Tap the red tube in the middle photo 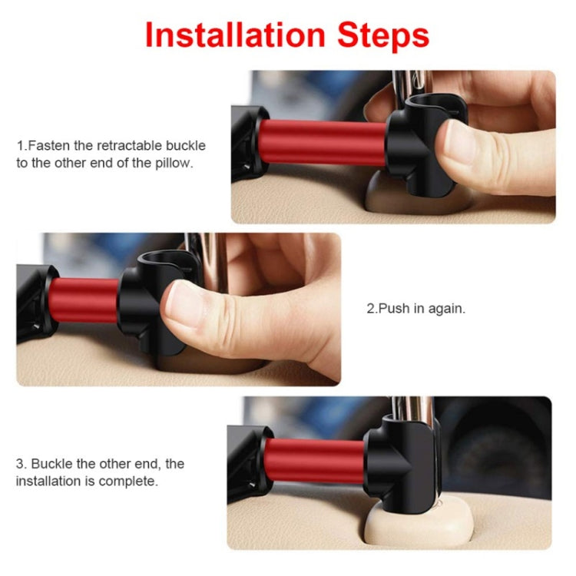pyautogui.click(x=84, y=301)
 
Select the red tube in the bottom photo pyautogui.click(x=315, y=461)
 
